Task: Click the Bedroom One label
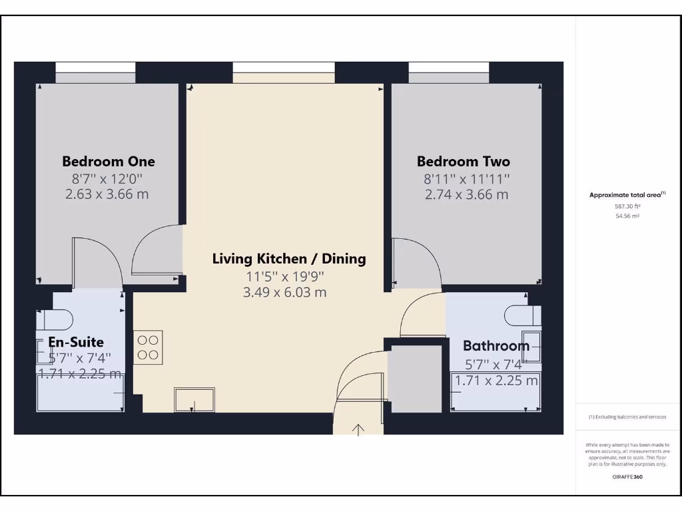click(109, 161)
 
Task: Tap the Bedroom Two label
click(464, 161)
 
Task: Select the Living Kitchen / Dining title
click(289, 259)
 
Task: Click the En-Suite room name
click(76, 342)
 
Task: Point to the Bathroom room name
click(496, 345)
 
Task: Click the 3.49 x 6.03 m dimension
click(285, 292)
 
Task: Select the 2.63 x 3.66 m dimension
click(107, 194)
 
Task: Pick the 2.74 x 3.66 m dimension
click(466, 194)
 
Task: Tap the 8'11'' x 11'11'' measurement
click(467, 178)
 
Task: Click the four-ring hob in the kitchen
click(148, 347)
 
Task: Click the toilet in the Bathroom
click(522, 314)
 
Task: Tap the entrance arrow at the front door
click(358, 430)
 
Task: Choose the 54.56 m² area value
click(627, 216)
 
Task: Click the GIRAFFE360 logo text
click(627, 476)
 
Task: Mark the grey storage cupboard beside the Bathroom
click(415, 377)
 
